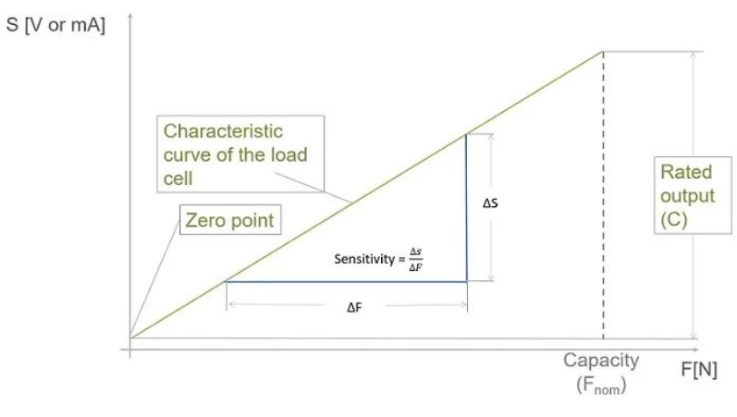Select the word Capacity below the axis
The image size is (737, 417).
(601, 361)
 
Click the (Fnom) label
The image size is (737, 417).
(601, 384)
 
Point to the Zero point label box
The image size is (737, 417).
(230, 221)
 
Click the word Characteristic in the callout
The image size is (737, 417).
(224, 131)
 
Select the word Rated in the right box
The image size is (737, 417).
(686, 173)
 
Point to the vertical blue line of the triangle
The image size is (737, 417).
(466, 208)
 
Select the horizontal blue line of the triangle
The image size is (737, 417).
(347, 281)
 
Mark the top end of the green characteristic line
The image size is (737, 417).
(603, 52)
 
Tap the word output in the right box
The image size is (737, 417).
(687, 196)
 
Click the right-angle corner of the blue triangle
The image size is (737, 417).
(466, 281)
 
